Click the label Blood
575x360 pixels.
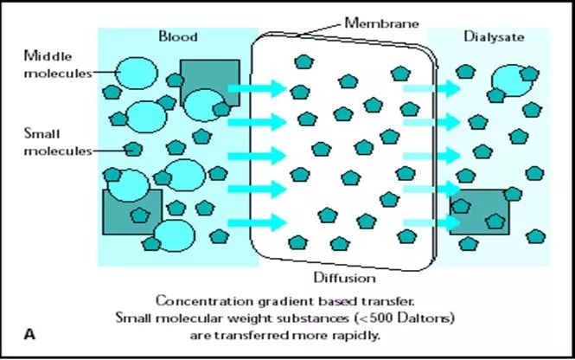point(178,36)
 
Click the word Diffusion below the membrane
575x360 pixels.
point(344,278)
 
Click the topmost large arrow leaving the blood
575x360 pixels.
point(257,88)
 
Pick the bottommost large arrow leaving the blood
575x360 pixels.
point(257,222)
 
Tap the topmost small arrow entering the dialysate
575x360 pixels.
point(431,88)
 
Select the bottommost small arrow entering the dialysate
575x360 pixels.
point(431,222)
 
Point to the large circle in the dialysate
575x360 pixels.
point(510,80)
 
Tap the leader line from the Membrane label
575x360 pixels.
point(323,29)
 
